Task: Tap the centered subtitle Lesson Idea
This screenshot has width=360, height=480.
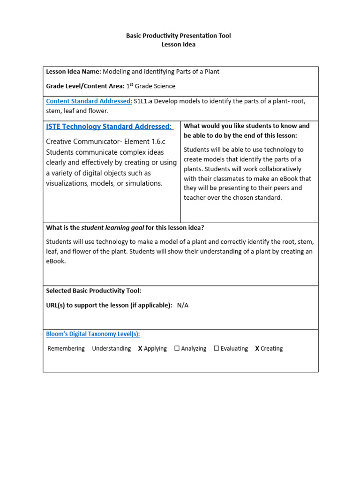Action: point(178,45)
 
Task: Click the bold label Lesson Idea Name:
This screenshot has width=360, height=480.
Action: point(73,72)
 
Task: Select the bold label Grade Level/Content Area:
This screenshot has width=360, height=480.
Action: point(85,86)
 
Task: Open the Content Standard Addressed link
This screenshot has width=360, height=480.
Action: point(89,101)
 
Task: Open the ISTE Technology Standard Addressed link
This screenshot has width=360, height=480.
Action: point(109,127)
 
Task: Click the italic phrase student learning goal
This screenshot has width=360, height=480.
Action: point(112,228)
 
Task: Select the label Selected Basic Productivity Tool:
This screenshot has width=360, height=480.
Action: point(93,291)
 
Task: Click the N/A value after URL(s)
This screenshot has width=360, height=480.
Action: point(183,305)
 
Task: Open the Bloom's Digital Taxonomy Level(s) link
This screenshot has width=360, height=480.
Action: point(93,334)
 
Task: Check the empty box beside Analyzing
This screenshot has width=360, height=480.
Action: point(177,348)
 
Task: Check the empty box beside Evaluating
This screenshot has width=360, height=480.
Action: point(217,348)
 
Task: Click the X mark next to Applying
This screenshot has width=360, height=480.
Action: point(140,349)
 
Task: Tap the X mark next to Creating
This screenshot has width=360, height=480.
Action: point(257,349)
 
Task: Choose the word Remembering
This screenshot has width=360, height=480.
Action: point(66,349)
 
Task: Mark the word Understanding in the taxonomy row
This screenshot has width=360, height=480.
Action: point(112,349)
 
